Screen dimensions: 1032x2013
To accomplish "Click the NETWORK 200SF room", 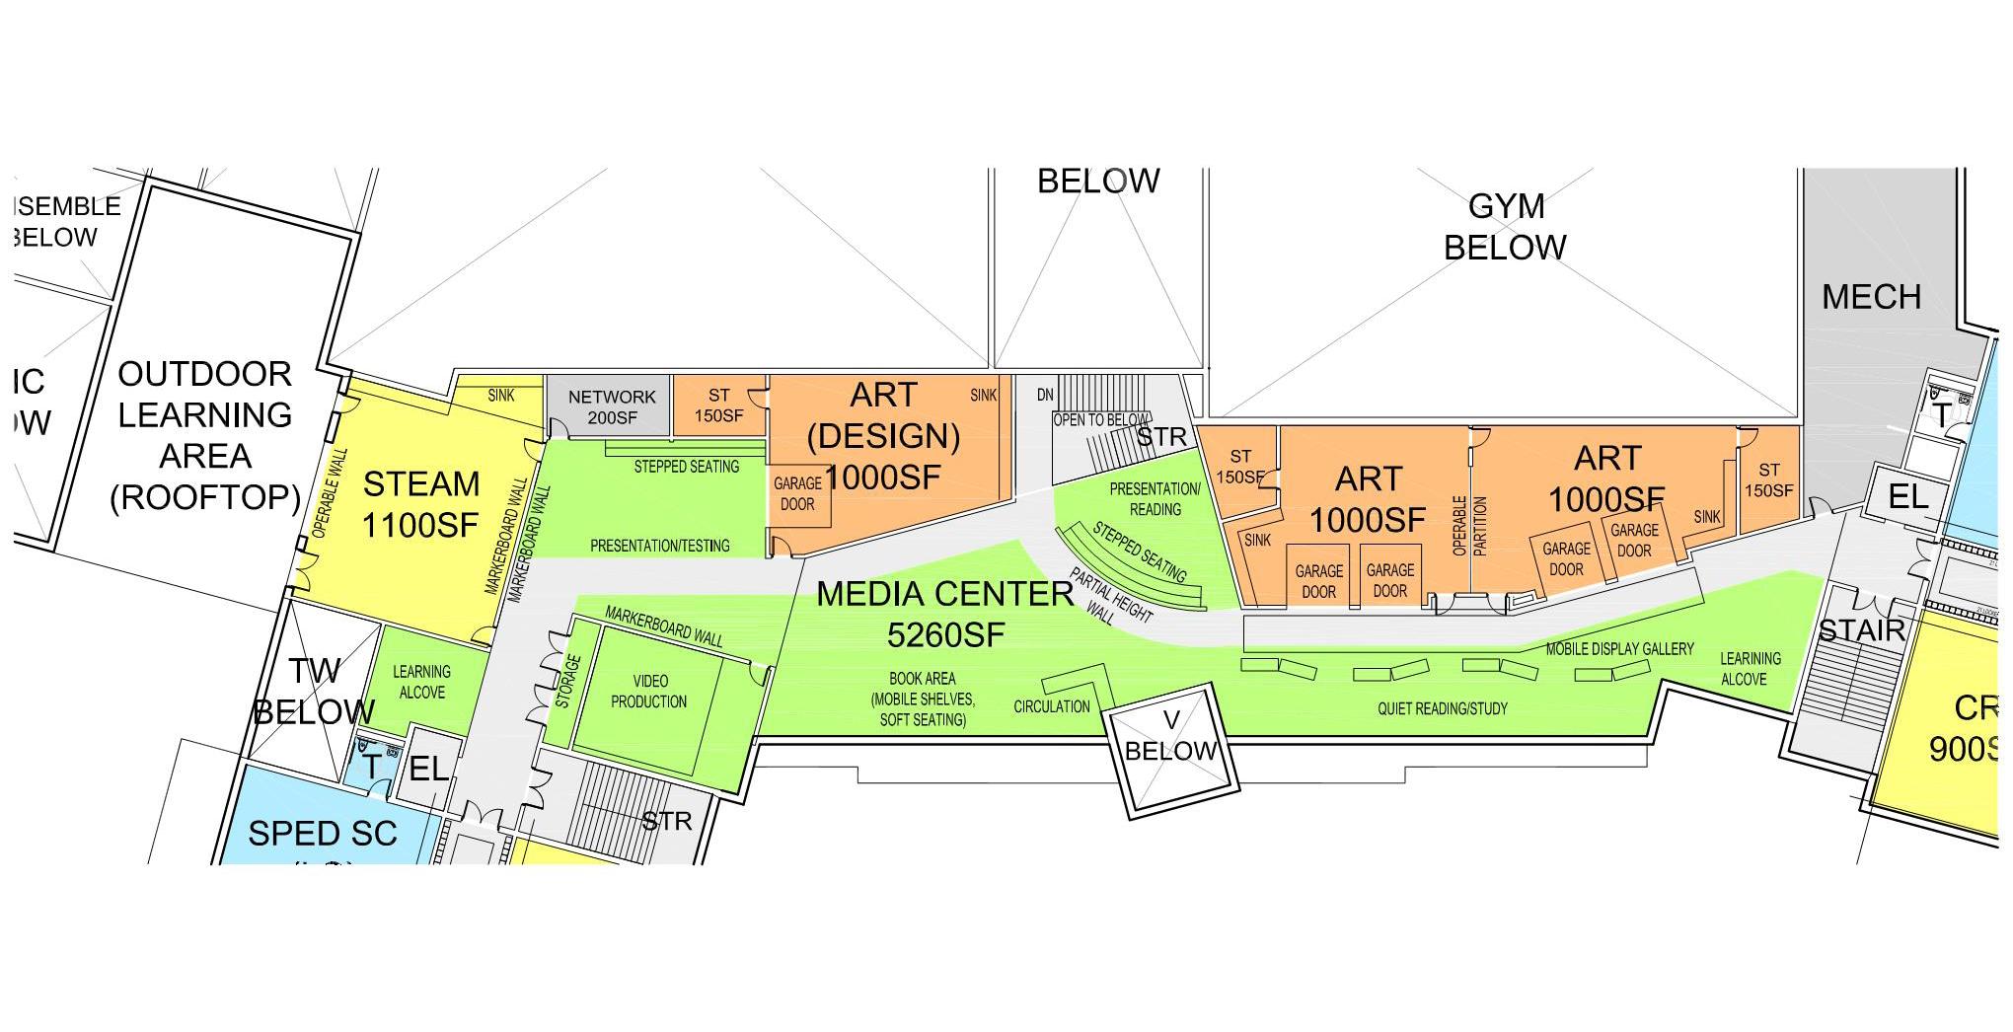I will (611, 406).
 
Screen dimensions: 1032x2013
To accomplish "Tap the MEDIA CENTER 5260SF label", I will (944, 614).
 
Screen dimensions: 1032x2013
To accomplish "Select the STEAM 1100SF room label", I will (420, 504).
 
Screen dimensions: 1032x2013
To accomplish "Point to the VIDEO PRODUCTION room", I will (648, 691).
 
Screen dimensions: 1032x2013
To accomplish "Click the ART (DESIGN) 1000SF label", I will (883, 435).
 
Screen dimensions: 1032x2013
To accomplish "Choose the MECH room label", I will (1871, 296).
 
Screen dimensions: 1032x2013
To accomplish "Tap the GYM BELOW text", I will (1505, 226).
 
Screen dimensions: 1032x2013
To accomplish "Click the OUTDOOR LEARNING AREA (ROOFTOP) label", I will (205, 435).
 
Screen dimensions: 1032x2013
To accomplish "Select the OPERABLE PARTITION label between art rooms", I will (1469, 526).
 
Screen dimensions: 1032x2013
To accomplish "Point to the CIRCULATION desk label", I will (1052, 706).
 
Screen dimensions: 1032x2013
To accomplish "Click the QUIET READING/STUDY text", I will (1442, 708).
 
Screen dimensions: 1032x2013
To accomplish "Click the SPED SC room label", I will (322, 834).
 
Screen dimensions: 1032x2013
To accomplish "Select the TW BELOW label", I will (314, 691).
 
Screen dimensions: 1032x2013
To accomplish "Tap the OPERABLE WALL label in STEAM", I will (330, 493).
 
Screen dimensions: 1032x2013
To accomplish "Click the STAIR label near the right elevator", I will (1860, 630).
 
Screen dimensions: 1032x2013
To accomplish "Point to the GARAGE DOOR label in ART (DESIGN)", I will (797, 493).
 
